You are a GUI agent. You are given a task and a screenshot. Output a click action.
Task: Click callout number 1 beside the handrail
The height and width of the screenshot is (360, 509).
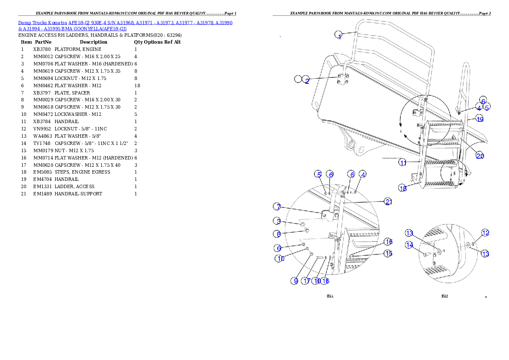pos(338,35)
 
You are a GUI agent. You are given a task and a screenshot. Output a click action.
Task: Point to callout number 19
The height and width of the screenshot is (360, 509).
pos(479,119)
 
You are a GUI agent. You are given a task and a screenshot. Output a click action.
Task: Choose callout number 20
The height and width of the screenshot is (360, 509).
pos(480,156)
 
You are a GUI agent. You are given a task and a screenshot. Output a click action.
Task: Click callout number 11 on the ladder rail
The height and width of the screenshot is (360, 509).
pos(402,162)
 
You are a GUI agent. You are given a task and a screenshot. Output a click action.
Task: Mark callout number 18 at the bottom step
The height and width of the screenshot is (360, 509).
pos(402,188)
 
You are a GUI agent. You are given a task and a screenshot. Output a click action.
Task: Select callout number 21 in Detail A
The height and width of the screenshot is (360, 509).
pos(388,201)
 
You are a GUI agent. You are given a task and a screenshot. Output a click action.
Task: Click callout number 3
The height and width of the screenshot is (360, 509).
pos(278,221)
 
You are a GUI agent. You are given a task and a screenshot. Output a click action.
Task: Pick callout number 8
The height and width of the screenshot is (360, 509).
pos(278,234)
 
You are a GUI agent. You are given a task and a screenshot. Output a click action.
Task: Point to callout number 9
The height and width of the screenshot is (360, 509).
pos(295,281)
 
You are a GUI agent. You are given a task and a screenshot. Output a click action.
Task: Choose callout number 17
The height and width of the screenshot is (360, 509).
pos(306,281)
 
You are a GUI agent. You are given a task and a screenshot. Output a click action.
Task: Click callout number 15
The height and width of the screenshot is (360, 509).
pos(388,253)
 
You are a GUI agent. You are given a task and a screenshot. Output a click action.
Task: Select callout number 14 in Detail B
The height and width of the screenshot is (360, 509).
pos(410,245)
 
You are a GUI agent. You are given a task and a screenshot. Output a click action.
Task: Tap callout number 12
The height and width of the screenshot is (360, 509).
pos(485,233)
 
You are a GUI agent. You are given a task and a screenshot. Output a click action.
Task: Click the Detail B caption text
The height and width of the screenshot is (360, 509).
pos(444,296)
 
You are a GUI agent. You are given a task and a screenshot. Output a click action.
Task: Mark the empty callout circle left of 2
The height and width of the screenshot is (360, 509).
pos(298,79)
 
